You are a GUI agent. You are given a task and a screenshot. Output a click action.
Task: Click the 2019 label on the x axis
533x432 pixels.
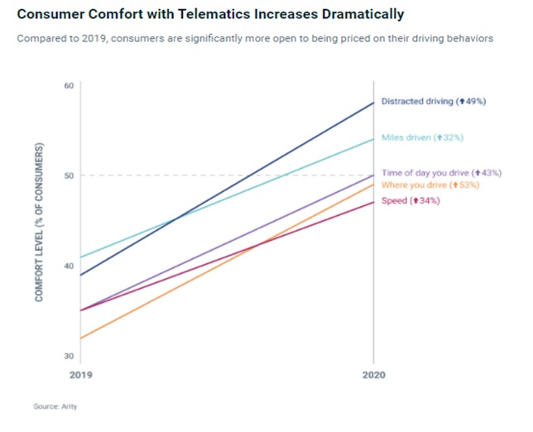pyautogui.click(x=79, y=375)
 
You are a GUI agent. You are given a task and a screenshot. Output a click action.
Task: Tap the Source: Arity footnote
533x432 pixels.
pyautogui.click(x=55, y=406)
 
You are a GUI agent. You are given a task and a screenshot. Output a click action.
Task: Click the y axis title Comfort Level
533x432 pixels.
pyautogui.click(x=39, y=222)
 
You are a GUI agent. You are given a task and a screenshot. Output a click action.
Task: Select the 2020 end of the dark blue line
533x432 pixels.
pyautogui.click(x=373, y=103)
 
